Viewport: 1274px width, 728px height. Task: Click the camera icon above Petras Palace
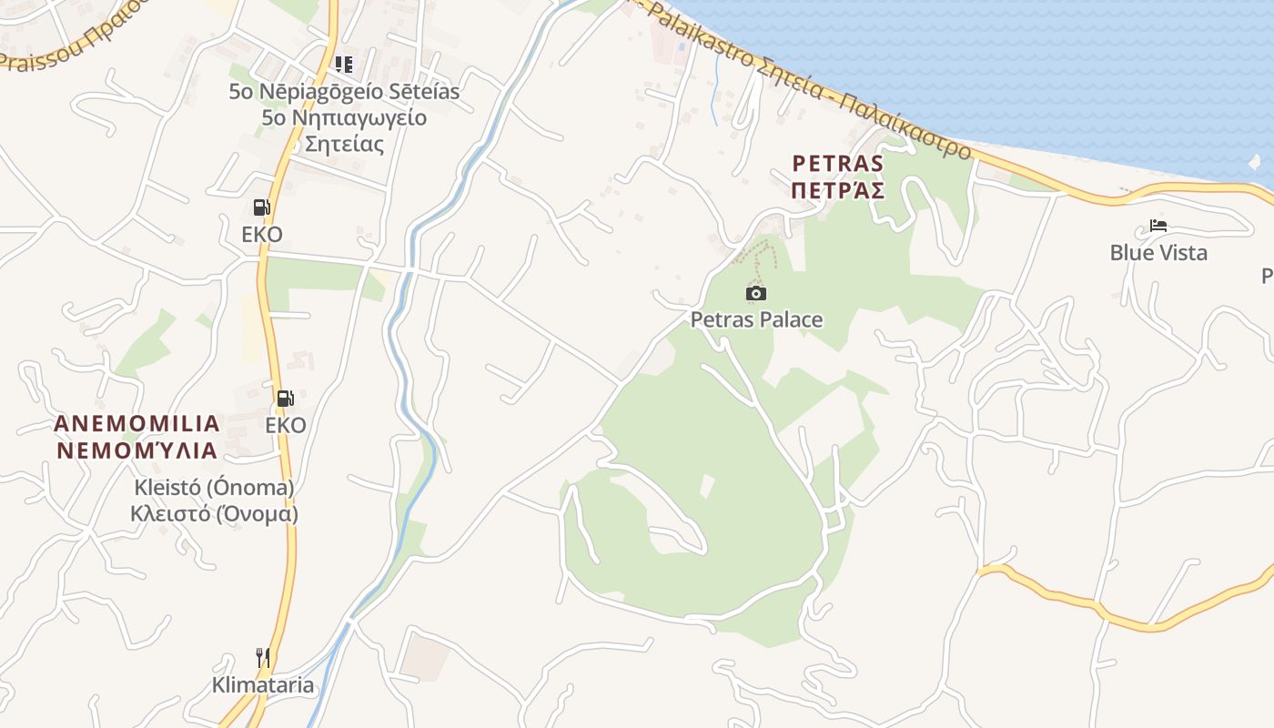pyautogui.click(x=755, y=293)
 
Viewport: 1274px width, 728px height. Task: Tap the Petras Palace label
pyautogui.click(x=756, y=319)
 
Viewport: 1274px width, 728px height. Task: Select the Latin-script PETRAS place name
pyautogui.click(x=838, y=164)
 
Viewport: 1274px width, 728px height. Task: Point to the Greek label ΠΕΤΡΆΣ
pyautogui.click(x=838, y=190)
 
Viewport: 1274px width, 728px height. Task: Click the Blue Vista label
pyautogui.click(x=1158, y=252)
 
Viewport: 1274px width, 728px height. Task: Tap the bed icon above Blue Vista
pyautogui.click(x=1158, y=226)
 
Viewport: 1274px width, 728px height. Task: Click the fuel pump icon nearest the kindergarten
pyautogui.click(x=261, y=207)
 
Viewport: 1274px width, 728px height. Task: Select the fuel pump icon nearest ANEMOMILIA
pyautogui.click(x=285, y=398)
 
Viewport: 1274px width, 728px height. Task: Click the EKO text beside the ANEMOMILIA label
pyautogui.click(x=286, y=425)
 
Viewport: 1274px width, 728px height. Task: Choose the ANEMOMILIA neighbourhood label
pyautogui.click(x=137, y=423)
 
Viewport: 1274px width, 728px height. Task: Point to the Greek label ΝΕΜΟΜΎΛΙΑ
pyautogui.click(x=137, y=450)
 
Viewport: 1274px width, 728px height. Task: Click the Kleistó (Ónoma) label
pyautogui.click(x=214, y=488)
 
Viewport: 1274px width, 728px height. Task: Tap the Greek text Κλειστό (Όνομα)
pyautogui.click(x=214, y=513)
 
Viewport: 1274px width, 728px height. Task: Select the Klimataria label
pyautogui.click(x=263, y=685)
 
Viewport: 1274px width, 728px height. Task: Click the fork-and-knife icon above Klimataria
pyautogui.click(x=263, y=657)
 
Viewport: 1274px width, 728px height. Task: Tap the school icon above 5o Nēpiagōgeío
pyautogui.click(x=343, y=64)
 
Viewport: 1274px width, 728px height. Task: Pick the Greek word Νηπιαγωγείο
pyautogui.click(x=344, y=117)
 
